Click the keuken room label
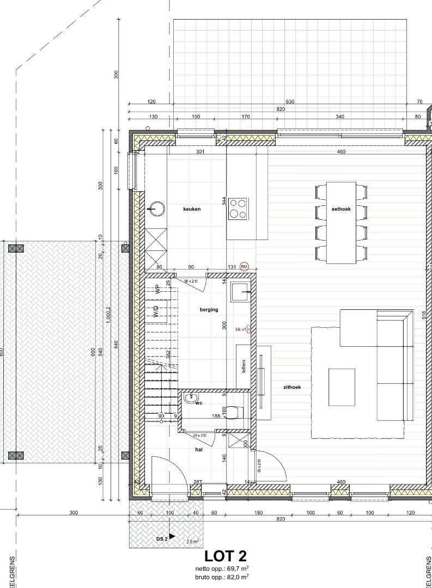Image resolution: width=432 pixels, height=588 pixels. tap(192, 209)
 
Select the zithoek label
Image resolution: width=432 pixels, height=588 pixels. tap(292, 388)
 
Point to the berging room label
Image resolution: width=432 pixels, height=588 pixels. tap(209, 309)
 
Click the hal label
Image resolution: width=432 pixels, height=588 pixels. tap(199, 450)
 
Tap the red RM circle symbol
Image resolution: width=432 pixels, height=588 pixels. tap(244, 267)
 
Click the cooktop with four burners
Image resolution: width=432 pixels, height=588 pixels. tap(238, 209)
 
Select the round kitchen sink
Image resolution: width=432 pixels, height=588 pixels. tap(157, 208)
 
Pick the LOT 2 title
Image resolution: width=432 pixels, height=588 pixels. tap(225, 556)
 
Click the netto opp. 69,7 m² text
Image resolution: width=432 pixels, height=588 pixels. tap(226, 568)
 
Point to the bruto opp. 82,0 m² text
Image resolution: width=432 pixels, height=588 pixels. tap(226, 576)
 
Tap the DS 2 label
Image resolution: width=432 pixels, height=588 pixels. tap(162, 538)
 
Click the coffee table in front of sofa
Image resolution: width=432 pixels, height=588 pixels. tap(342, 387)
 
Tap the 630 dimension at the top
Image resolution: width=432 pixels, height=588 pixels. tap(290, 102)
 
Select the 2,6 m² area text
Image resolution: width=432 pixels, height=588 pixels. tap(192, 542)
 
